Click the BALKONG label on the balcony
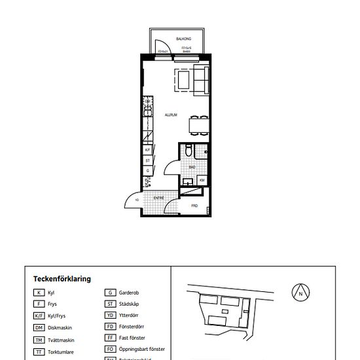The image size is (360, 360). [x=173, y=39]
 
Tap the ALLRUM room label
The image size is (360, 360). [x=171, y=115]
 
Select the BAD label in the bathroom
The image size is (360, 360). [x=192, y=167]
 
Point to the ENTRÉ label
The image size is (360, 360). [x=158, y=197]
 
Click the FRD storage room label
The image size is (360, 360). [x=194, y=206]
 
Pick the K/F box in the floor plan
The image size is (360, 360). [x=148, y=151]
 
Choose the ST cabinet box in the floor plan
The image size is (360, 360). [x=148, y=160]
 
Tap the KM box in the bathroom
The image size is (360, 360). [x=202, y=180]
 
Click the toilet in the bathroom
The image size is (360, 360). [x=189, y=151]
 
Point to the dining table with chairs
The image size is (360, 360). [x=196, y=123]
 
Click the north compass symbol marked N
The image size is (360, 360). [x=300, y=293]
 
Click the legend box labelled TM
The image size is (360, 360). [x=40, y=340]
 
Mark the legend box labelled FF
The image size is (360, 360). [x=111, y=338]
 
